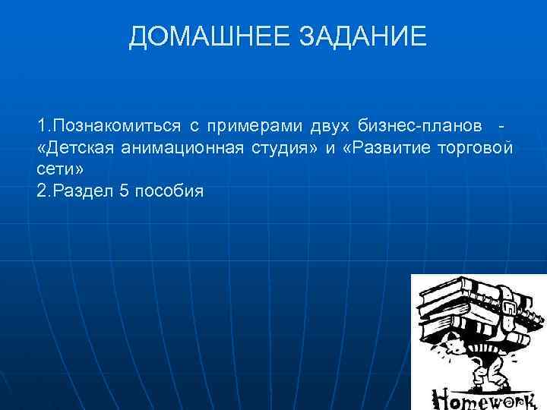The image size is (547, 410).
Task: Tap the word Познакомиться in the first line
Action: pyautogui.click(x=114, y=125)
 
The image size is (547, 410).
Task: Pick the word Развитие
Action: pyautogui.click(x=387, y=147)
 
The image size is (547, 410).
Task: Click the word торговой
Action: pyautogui.click(x=476, y=147)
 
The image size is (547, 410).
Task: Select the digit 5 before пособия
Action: pyautogui.click(x=125, y=191)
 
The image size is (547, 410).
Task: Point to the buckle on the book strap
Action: pyautogui.click(x=510, y=307)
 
